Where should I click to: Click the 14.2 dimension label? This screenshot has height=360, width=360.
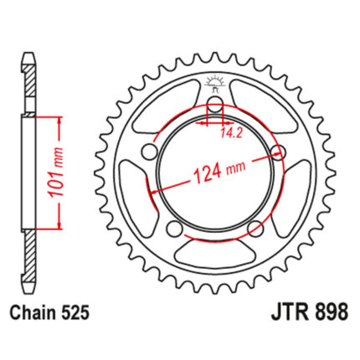pos(231,134)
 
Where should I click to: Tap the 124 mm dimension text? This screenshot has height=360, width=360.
pos(219,171)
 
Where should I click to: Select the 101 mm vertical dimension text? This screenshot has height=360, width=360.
pos(56,172)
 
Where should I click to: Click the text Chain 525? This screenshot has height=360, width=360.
pos(49,312)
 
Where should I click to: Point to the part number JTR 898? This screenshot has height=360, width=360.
pos(309,311)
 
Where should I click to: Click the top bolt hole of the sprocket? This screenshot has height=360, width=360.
pos(215,105)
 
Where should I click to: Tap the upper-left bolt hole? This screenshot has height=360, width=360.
pos(150,152)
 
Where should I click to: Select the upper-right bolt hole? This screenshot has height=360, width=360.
pos(279,152)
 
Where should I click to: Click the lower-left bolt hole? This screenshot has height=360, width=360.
pos(174,229)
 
